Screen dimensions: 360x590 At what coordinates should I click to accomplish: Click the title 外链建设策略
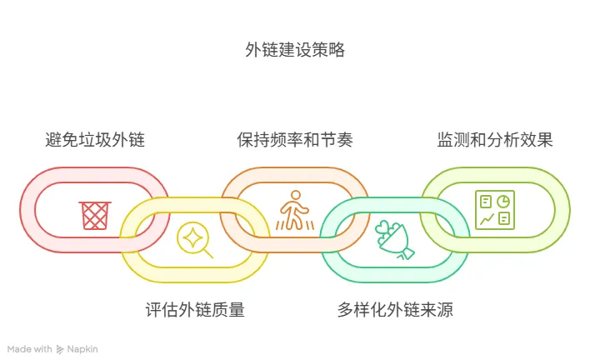click(x=294, y=50)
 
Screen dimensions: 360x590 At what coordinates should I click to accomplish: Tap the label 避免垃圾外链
click(x=94, y=139)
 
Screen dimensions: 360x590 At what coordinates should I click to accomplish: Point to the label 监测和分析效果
click(x=495, y=139)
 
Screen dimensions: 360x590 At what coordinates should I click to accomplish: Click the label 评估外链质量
click(x=195, y=311)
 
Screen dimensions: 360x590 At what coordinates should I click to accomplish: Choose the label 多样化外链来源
click(x=395, y=311)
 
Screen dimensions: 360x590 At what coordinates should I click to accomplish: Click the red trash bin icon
click(x=94, y=214)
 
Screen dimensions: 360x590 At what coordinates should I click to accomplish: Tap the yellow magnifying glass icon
click(x=194, y=239)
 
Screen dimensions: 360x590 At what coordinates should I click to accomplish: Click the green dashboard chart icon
click(x=494, y=209)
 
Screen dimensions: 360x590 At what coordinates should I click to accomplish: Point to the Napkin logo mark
click(x=60, y=349)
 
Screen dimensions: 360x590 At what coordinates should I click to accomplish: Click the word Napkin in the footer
click(x=82, y=349)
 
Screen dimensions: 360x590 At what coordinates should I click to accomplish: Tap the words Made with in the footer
click(x=30, y=349)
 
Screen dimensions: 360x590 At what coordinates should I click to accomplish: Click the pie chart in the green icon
click(x=502, y=201)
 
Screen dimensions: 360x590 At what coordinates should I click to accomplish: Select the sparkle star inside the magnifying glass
click(x=191, y=236)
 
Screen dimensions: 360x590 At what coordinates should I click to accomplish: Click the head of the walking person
click(x=294, y=196)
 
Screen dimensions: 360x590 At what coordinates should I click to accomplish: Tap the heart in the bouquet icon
click(x=384, y=227)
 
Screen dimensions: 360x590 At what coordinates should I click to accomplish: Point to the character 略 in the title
click(x=336, y=50)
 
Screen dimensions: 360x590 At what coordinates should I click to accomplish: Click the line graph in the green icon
click(x=485, y=218)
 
